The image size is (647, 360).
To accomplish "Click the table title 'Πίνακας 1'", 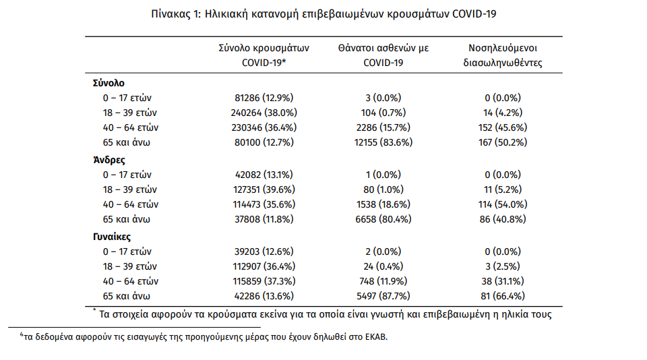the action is click(175, 14).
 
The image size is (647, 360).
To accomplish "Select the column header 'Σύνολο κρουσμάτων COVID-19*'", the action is click(264, 55).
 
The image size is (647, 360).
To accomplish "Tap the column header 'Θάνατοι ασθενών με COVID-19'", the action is click(383, 55).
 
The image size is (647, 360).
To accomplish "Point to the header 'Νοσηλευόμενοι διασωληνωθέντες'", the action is click(503, 55).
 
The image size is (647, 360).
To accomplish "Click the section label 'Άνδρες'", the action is click(109, 160).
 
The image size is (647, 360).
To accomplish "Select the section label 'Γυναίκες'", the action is click(112, 237).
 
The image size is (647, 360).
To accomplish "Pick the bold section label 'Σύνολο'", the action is click(109, 83).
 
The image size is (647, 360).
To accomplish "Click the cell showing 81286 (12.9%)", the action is click(264, 98).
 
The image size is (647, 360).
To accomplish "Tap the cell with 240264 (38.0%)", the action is click(264, 113).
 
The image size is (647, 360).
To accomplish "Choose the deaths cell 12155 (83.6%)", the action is click(383, 142).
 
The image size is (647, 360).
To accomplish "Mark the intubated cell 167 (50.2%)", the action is click(503, 142).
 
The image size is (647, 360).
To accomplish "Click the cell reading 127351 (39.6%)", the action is click(264, 189).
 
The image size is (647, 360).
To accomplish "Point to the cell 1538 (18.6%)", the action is click(383, 204).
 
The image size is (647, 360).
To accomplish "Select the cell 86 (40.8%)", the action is click(503, 219).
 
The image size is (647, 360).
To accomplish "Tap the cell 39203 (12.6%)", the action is click(264, 251).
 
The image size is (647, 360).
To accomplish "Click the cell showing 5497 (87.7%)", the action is click(383, 296).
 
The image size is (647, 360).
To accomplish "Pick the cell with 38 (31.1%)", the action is click(503, 281).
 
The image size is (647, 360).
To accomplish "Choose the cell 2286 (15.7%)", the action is click(383, 127).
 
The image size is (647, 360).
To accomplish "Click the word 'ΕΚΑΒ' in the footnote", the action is click(376, 337).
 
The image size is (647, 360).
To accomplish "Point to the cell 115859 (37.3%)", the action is click(264, 281).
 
